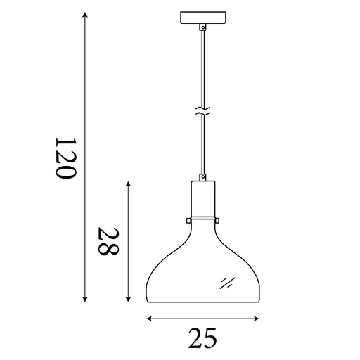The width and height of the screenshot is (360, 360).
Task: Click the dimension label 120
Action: coord(66,158)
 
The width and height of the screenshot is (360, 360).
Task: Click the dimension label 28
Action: coord(108,241)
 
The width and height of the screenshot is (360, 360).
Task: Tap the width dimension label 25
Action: coord(202,338)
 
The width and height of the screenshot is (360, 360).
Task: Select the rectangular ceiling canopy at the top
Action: coord(203,18)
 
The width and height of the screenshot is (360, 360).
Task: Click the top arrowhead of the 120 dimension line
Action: coord(85,15)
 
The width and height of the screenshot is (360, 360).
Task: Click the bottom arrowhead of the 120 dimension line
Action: coord(85,299)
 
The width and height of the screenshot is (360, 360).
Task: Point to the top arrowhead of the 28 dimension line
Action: coord(128,184)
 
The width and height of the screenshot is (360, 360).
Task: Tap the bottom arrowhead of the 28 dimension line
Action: coord(128,299)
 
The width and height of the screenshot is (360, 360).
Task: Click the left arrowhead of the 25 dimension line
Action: coord(149,319)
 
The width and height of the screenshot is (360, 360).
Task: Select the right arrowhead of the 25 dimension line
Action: coord(257,319)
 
